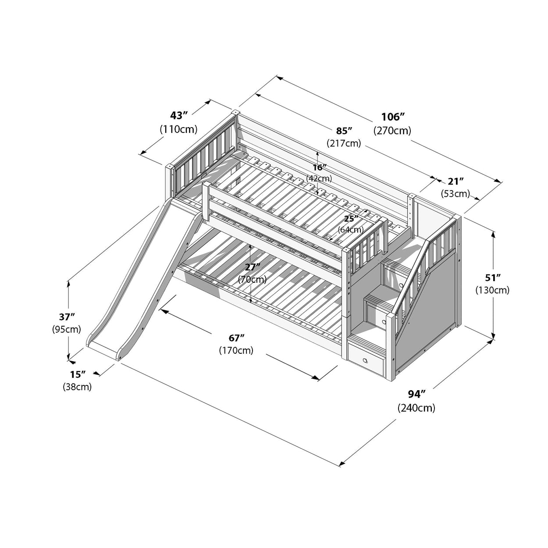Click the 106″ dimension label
point(392,117)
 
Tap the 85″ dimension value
point(344,131)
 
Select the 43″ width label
point(179,115)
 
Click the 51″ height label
point(492,277)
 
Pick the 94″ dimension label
point(416,394)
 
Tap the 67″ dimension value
point(236,338)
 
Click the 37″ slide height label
point(67,316)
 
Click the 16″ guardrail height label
point(319,167)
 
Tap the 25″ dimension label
point(350,218)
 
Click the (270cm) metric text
point(392,131)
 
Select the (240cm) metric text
point(416,408)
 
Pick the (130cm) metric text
point(492,290)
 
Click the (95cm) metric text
point(67,329)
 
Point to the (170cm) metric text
point(236,351)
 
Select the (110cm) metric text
point(179,129)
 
